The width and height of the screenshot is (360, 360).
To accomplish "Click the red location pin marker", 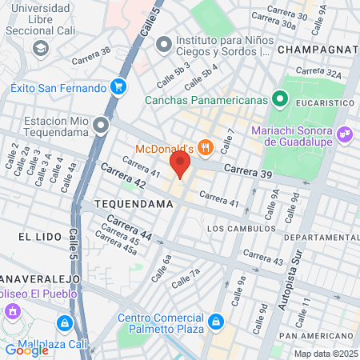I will coord(179,166).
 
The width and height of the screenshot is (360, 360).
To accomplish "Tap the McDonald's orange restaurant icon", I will coord(206,146).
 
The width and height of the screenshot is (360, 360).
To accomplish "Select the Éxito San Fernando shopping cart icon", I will coord(118,86).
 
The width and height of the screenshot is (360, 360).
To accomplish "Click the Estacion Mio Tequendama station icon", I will coord(101,125).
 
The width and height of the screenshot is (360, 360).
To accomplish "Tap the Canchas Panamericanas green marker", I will coord(279,100).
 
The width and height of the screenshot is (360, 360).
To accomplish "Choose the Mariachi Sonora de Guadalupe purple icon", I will coord(346,134).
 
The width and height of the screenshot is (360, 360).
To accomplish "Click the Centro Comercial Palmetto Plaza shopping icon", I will coord(214,322).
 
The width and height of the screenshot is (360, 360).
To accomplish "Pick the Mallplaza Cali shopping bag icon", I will coord(63,323).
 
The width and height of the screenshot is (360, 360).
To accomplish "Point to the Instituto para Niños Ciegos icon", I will coord(164,44).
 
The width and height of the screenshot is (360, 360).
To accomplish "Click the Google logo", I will coord(27,349).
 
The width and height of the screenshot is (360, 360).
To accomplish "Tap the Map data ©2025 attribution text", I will coord(325,353).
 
